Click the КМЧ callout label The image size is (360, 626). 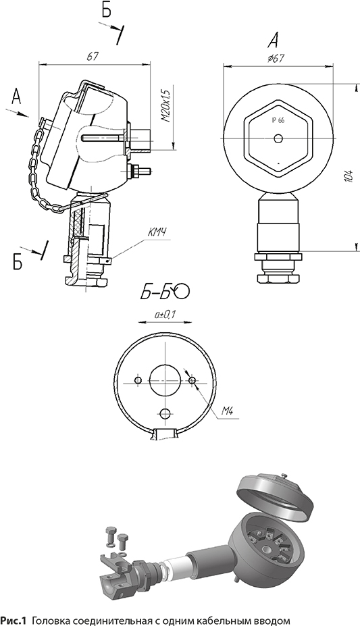(157, 233)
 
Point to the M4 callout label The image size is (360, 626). (227, 412)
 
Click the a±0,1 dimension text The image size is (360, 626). (165, 315)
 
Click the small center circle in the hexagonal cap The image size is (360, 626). (278, 138)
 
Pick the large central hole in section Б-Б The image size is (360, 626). (164, 380)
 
